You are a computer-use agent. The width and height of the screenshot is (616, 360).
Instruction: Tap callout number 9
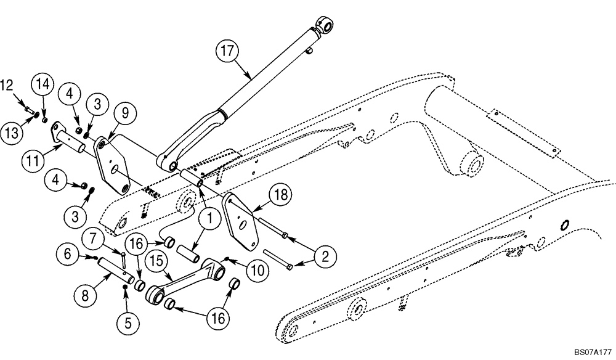point(124,113)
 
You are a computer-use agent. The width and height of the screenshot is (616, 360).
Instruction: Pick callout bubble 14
point(44,83)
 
